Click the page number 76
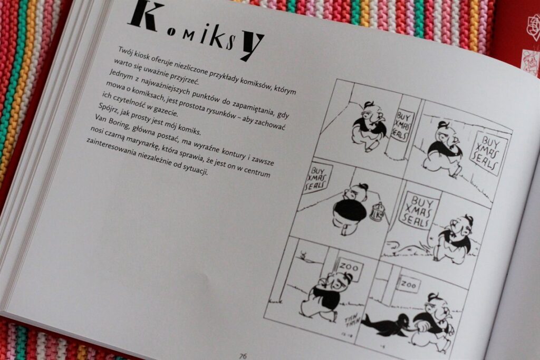coord(243,356)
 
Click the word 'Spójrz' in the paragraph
coord(108,108)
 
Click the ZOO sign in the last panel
coord(409,284)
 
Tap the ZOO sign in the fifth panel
coord(350,266)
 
